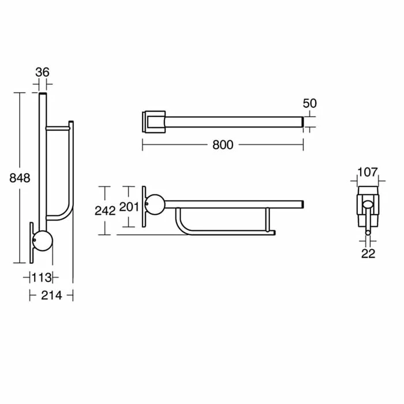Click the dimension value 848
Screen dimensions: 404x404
(20, 178)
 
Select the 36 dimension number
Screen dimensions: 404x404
(42, 72)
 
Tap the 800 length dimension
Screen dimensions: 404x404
(222, 145)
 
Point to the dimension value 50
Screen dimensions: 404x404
(310, 103)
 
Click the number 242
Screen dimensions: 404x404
(104, 211)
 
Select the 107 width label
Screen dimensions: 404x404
(367, 172)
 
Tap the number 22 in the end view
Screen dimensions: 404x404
(368, 253)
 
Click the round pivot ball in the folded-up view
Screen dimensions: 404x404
(43, 241)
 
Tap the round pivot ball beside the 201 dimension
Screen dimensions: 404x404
(155, 204)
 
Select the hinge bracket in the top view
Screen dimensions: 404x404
(153, 121)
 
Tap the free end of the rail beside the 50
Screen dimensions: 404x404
(301, 121)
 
